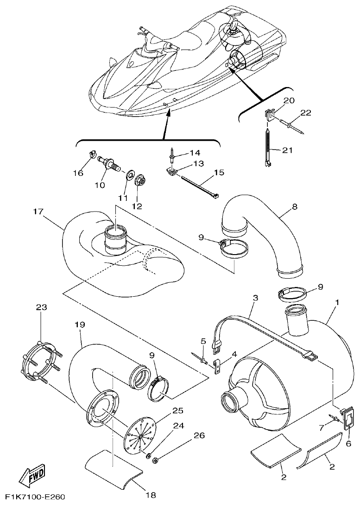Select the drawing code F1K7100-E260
click(32, 497)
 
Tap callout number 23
click(42, 307)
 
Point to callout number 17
click(39, 212)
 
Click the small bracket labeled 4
click(217, 368)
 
